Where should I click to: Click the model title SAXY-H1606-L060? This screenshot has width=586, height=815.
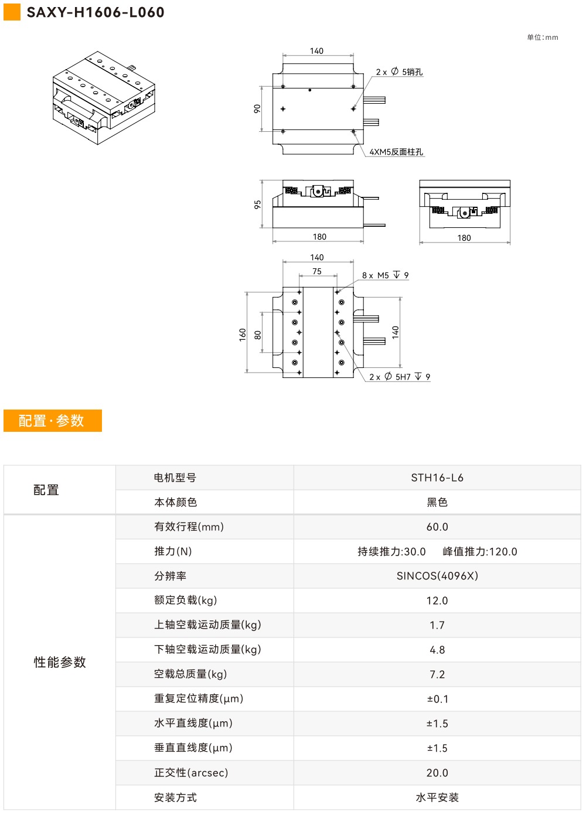pos(96,12)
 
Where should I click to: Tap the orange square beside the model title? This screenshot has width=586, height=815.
pos(12,12)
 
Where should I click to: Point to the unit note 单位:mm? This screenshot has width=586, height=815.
pos(542,37)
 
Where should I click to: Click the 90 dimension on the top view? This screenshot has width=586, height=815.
pos(257,108)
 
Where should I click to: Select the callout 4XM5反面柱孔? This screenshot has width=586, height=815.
pos(396,152)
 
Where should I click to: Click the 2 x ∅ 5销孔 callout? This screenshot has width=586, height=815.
pos(399,71)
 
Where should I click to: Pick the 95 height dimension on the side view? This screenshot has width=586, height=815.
pos(258,204)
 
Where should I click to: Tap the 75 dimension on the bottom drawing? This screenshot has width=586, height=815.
pos(317,271)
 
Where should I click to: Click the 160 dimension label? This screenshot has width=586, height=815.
pos(243,335)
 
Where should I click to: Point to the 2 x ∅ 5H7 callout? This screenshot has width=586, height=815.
pos(400,377)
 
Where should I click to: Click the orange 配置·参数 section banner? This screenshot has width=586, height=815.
pos(53,421)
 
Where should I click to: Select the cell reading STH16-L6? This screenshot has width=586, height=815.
pos(437,478)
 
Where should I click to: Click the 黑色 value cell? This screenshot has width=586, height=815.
pos(437,502)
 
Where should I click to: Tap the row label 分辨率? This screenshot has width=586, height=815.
pos(171,576)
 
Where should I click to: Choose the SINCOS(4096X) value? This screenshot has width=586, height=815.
pos(437,576)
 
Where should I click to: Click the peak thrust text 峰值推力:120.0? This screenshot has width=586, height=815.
pos(480,551)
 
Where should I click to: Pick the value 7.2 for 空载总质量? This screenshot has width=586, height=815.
pos(437,674)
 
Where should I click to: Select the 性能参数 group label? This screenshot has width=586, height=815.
pos(60,662)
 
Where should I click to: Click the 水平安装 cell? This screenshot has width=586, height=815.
pos(437,797)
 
